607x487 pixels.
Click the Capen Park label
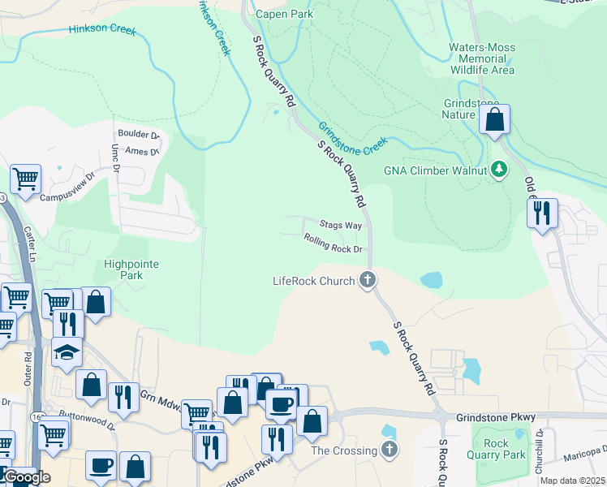284,14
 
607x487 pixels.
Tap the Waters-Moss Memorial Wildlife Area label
482,59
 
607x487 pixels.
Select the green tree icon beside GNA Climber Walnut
501,170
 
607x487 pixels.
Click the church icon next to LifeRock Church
368,281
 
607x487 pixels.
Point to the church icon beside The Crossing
390,450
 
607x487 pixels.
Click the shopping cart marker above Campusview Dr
26,178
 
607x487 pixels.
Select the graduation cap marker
67,353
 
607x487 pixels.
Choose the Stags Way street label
341,225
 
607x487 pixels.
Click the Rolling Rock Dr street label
332,243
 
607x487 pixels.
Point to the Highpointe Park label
131,269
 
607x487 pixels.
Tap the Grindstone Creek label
353,138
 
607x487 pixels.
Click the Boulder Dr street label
139,135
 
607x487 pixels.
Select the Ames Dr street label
142,151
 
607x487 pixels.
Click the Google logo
27,477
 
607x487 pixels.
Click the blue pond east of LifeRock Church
432,280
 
